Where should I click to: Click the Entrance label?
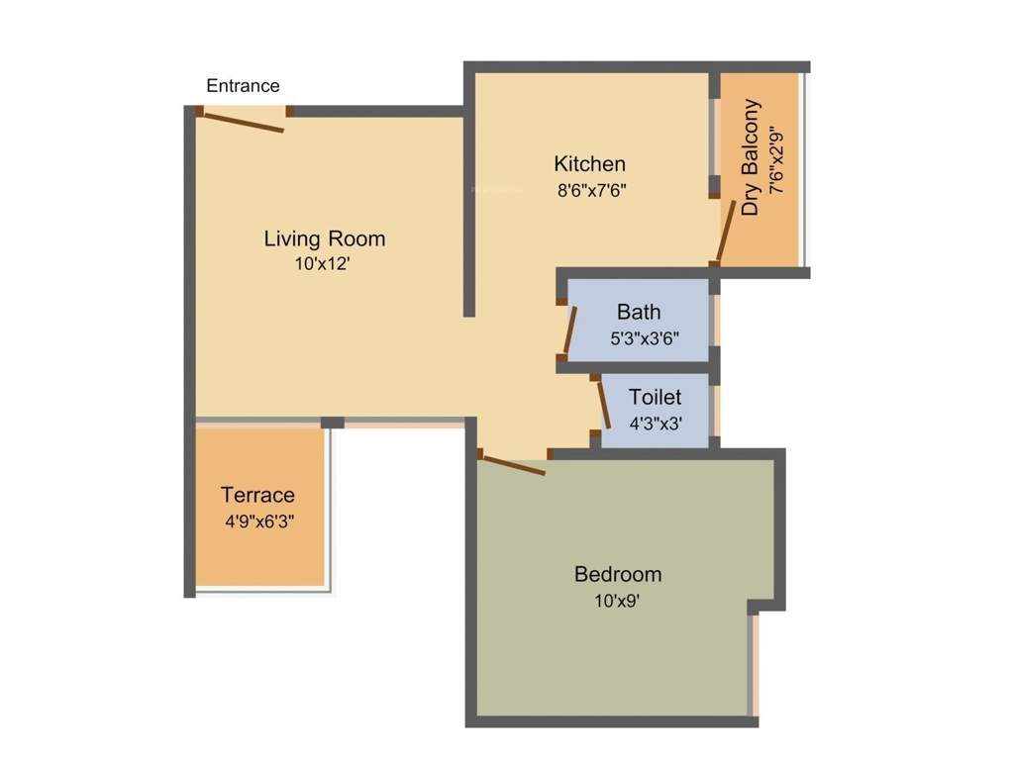click(243, 85)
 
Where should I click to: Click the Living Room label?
click(324, 239)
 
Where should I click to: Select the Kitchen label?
click(590, 164)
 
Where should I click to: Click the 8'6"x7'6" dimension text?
click(592, 191)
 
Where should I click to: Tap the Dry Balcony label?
click(751, 157)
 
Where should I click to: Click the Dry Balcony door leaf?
click(726, 231)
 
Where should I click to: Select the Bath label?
click(639, 312)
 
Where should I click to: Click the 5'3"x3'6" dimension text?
click(645, 338)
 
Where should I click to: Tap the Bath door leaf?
click(570, 330)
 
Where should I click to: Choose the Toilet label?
click(656, 397)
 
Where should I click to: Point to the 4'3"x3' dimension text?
click(656, 424)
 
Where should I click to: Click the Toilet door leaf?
click(604, 405)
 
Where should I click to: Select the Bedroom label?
click(618, 574)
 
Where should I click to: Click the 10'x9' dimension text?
click(617, 601)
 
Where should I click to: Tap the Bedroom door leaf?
click(514, 465)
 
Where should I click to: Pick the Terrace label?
click(258, 495)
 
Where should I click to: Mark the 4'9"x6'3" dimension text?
click(260, 521)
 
